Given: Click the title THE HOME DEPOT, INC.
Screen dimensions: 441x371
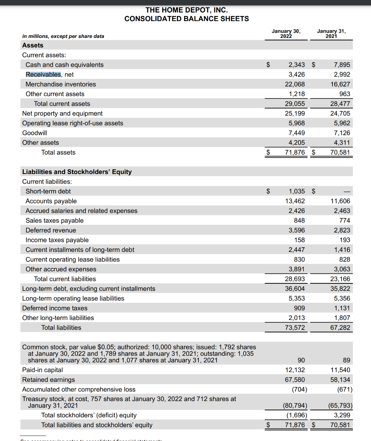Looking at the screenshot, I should [186, 9].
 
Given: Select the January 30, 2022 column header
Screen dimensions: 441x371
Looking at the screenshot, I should [286, 34].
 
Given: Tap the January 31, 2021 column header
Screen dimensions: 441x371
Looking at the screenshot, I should [331, 34].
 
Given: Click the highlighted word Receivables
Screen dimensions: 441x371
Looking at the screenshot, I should [43, 75].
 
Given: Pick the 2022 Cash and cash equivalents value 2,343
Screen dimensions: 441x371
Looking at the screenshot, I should [296, 65].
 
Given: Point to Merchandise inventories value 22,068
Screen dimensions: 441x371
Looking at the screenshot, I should [295, 84].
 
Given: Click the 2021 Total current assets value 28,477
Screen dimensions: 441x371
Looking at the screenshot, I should [340, 104].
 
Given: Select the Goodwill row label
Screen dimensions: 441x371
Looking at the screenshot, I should [35, 133].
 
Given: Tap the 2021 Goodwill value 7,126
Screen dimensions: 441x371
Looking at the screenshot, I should [342, 133].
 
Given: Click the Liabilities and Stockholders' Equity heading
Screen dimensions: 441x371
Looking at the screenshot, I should [77, 172].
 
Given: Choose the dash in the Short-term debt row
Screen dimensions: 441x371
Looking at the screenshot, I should [347, 191].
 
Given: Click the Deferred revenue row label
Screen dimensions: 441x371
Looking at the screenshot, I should [50, 230].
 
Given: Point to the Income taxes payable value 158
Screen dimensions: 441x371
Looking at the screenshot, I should [299, 240].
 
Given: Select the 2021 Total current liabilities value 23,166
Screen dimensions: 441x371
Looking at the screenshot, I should [340, 279].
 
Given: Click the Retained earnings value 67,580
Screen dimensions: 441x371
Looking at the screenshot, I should [295, 380].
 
